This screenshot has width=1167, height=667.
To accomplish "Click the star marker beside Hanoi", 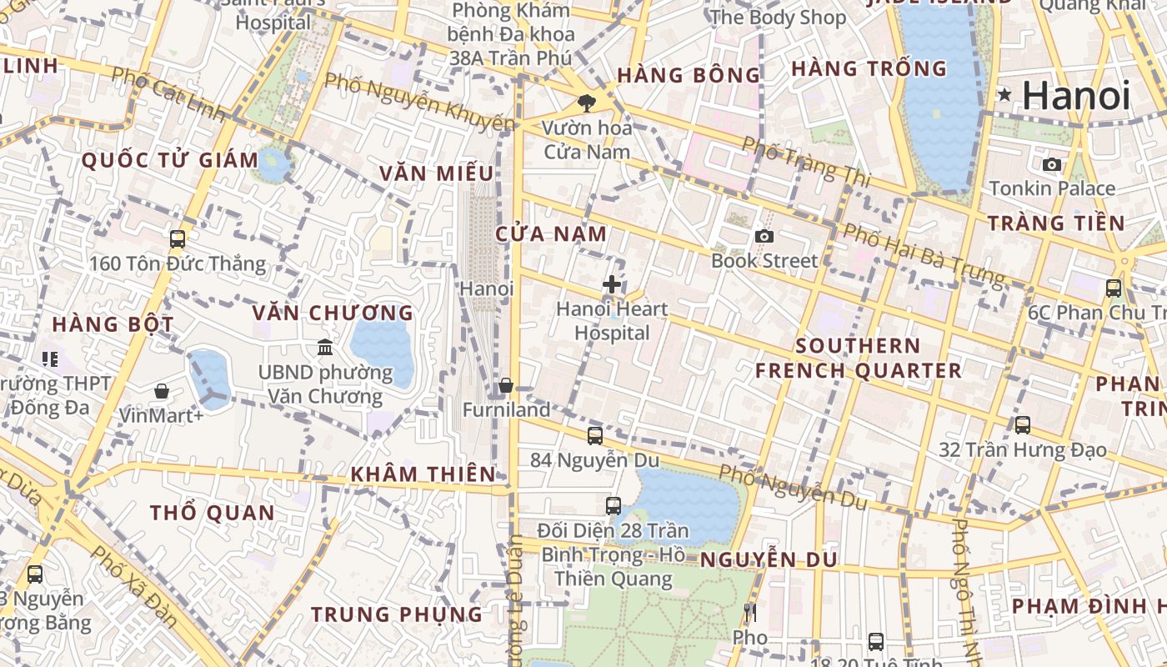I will (1005, 95).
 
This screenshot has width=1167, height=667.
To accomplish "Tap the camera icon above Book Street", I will (764, 237).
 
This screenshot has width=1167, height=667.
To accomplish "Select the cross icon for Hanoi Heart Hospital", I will (612, 284).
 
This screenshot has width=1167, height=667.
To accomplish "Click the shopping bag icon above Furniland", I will (505, 385).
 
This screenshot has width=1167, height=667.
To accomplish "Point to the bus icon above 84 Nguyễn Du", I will (594, 435).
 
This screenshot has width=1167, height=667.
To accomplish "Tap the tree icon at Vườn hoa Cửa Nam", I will (587, 103).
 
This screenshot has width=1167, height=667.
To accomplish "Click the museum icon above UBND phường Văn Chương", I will (325, 347).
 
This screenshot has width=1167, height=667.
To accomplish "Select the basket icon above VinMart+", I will (161, 390).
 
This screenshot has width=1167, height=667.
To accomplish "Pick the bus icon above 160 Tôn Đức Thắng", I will (177, 239).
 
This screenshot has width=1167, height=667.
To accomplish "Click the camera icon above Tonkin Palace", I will (1052, 164).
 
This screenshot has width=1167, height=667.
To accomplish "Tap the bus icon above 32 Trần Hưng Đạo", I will (1023, 424).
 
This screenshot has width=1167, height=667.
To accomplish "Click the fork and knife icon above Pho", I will (749, 613).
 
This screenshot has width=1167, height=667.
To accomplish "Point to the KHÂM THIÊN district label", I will (423, 474).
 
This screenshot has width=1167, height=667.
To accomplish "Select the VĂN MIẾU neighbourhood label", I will (437, 173).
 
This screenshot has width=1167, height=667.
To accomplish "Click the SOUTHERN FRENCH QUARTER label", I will (859, 358).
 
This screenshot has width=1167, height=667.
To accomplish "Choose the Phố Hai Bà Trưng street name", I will (923, 253).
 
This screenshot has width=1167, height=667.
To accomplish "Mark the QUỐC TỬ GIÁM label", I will (170, 160).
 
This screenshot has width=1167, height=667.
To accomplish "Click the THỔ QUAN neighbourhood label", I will (212, 513).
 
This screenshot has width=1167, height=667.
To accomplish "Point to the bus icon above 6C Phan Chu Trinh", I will (1113, 288).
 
